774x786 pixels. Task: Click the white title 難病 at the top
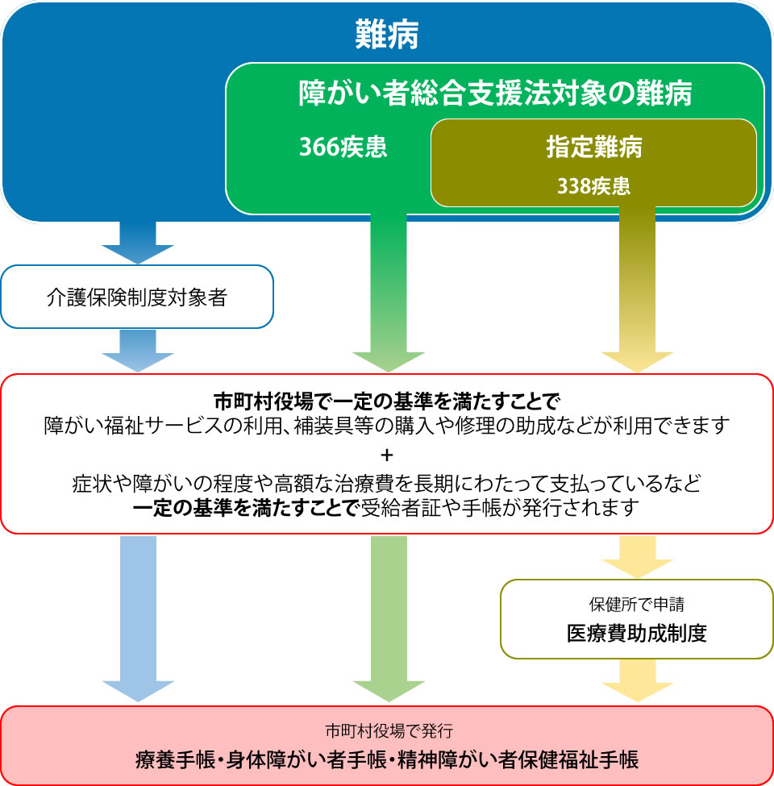(386, 35)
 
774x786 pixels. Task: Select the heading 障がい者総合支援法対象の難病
(495, 93)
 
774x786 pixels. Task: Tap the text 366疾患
(343, 147)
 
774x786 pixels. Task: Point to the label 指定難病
(594, 147)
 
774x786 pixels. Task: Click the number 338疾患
(594, 186)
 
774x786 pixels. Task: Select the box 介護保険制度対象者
(137, 297)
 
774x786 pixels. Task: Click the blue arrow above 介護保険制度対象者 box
(138, 243)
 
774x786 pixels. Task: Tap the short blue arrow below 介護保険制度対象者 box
(138, 351)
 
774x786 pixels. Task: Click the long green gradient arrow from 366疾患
(389, 293)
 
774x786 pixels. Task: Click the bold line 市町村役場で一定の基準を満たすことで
(386, 401)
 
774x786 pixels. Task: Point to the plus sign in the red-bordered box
(386, 455)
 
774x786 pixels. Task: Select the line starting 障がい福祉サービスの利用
(386, 426)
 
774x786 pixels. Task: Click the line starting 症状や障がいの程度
(386, 484)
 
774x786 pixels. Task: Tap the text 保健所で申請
(637, 605)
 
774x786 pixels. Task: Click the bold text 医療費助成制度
(637, 634)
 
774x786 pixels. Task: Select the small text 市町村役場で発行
(389, 731)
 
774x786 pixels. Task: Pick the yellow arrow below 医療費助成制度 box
(638, 680)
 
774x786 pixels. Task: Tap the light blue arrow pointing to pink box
(139, 618)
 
